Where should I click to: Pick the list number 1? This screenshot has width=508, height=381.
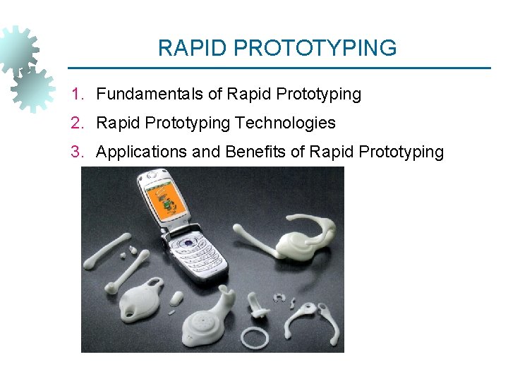point(76,94)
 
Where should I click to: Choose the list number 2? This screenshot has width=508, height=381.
point(76,123)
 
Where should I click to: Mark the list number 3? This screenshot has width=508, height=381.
point(76,152)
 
